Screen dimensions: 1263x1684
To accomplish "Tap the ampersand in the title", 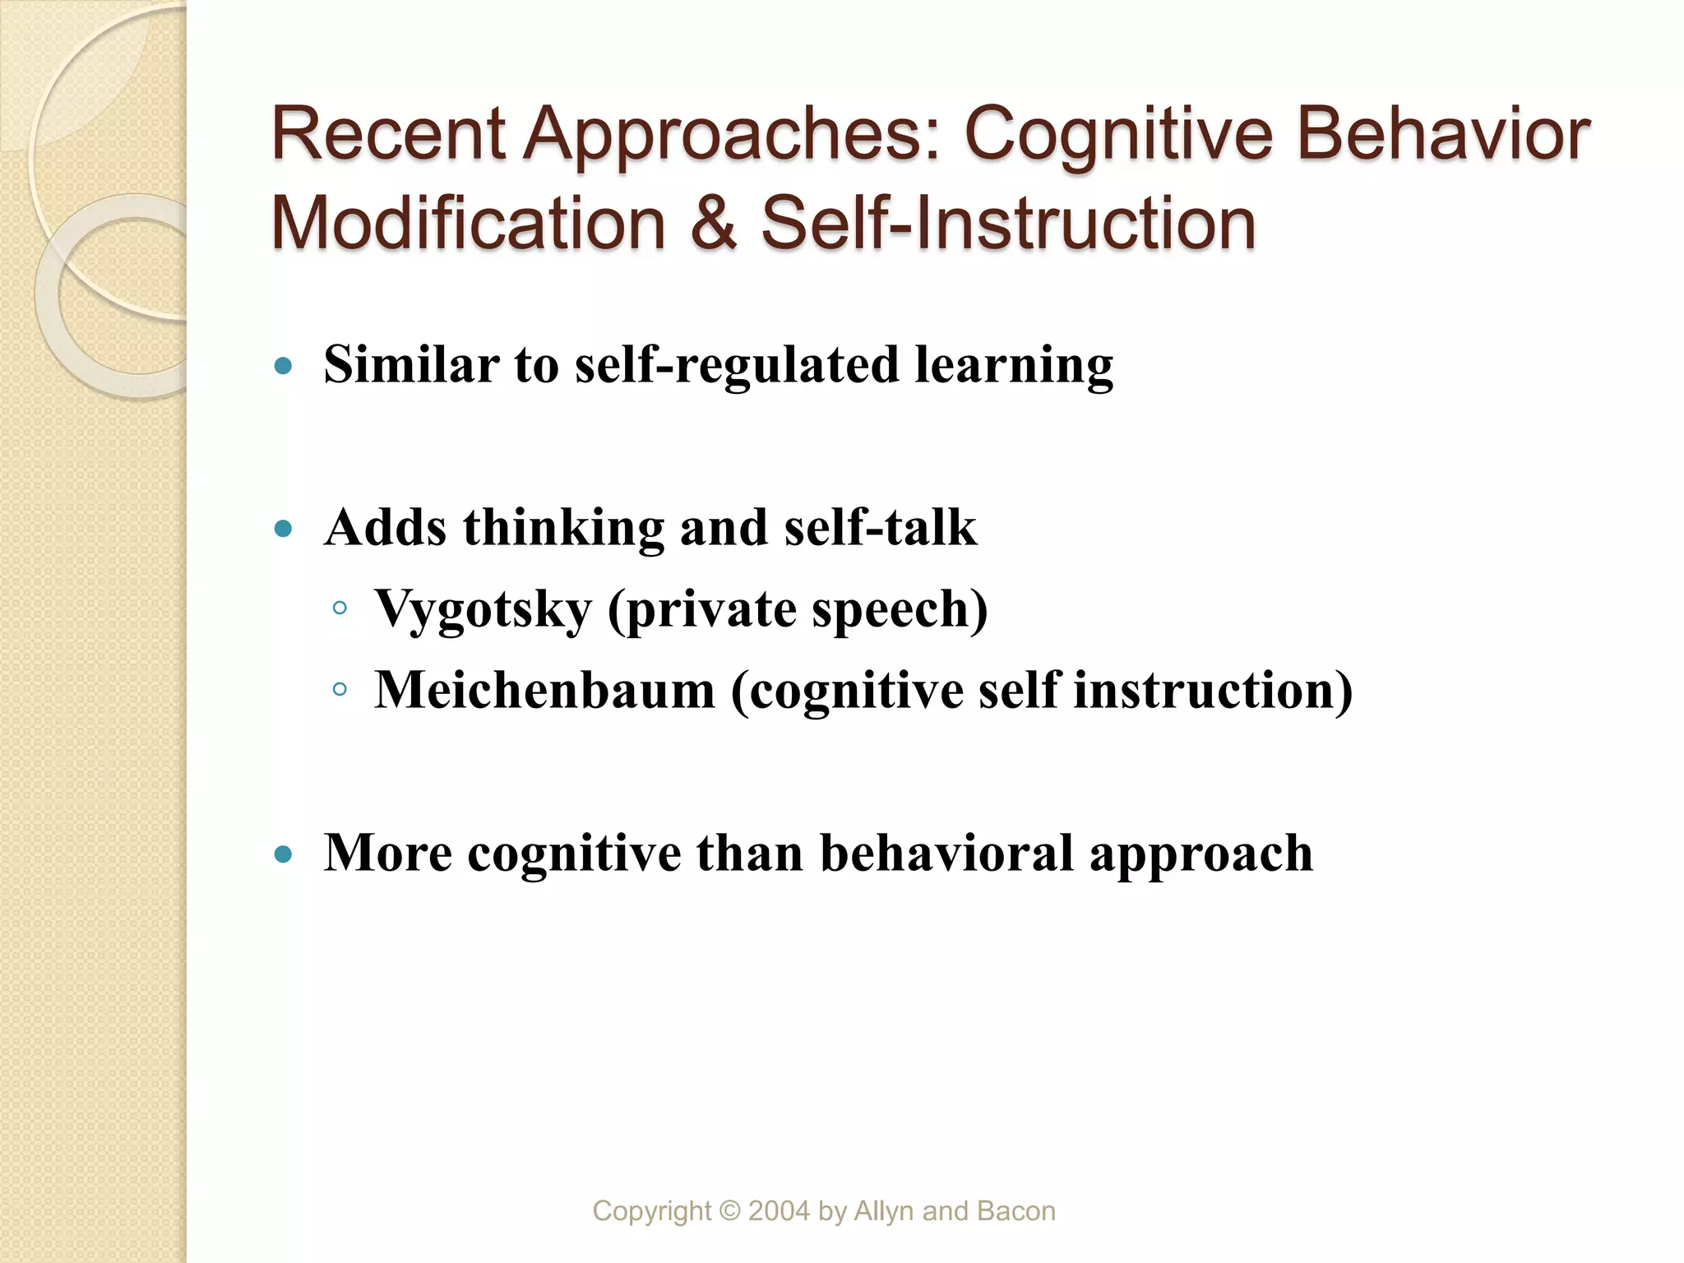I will pos(713,223).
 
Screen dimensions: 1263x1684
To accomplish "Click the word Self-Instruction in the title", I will pos(1009,223).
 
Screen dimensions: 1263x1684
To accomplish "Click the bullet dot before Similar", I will pos(284,366).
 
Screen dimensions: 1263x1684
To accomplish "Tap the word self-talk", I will pos(880,527).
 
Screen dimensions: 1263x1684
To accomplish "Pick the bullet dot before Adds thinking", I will pos(284,528).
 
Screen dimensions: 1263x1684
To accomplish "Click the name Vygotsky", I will pos(483,610).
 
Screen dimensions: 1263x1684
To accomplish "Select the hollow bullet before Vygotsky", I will pos(340,609).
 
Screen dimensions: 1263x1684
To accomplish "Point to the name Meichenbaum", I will pos(545,689).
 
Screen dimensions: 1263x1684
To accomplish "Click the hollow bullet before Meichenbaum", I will pos(340,690).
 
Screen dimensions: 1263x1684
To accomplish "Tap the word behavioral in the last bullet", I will pos(946,853).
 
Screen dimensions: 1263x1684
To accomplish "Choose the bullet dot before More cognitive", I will pos(284,854).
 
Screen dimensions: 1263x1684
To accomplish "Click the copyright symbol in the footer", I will pos(729,1211).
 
